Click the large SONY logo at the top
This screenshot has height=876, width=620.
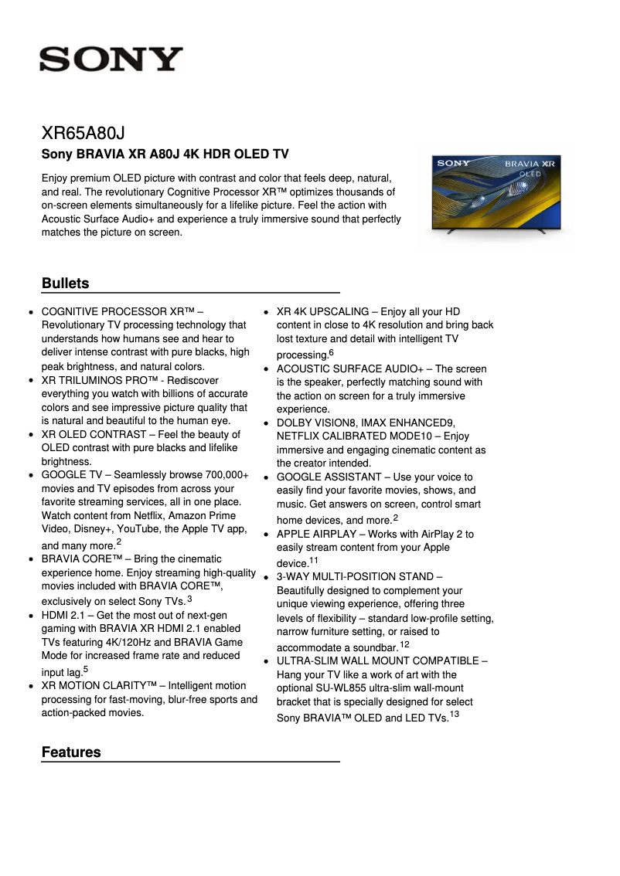click(111, 59)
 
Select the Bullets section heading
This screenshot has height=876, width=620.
click(66, 284)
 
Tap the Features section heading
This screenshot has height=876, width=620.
click(71, 752)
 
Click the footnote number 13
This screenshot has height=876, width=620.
click(455, 715)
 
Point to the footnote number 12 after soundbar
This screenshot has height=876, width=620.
click(405, 644)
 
